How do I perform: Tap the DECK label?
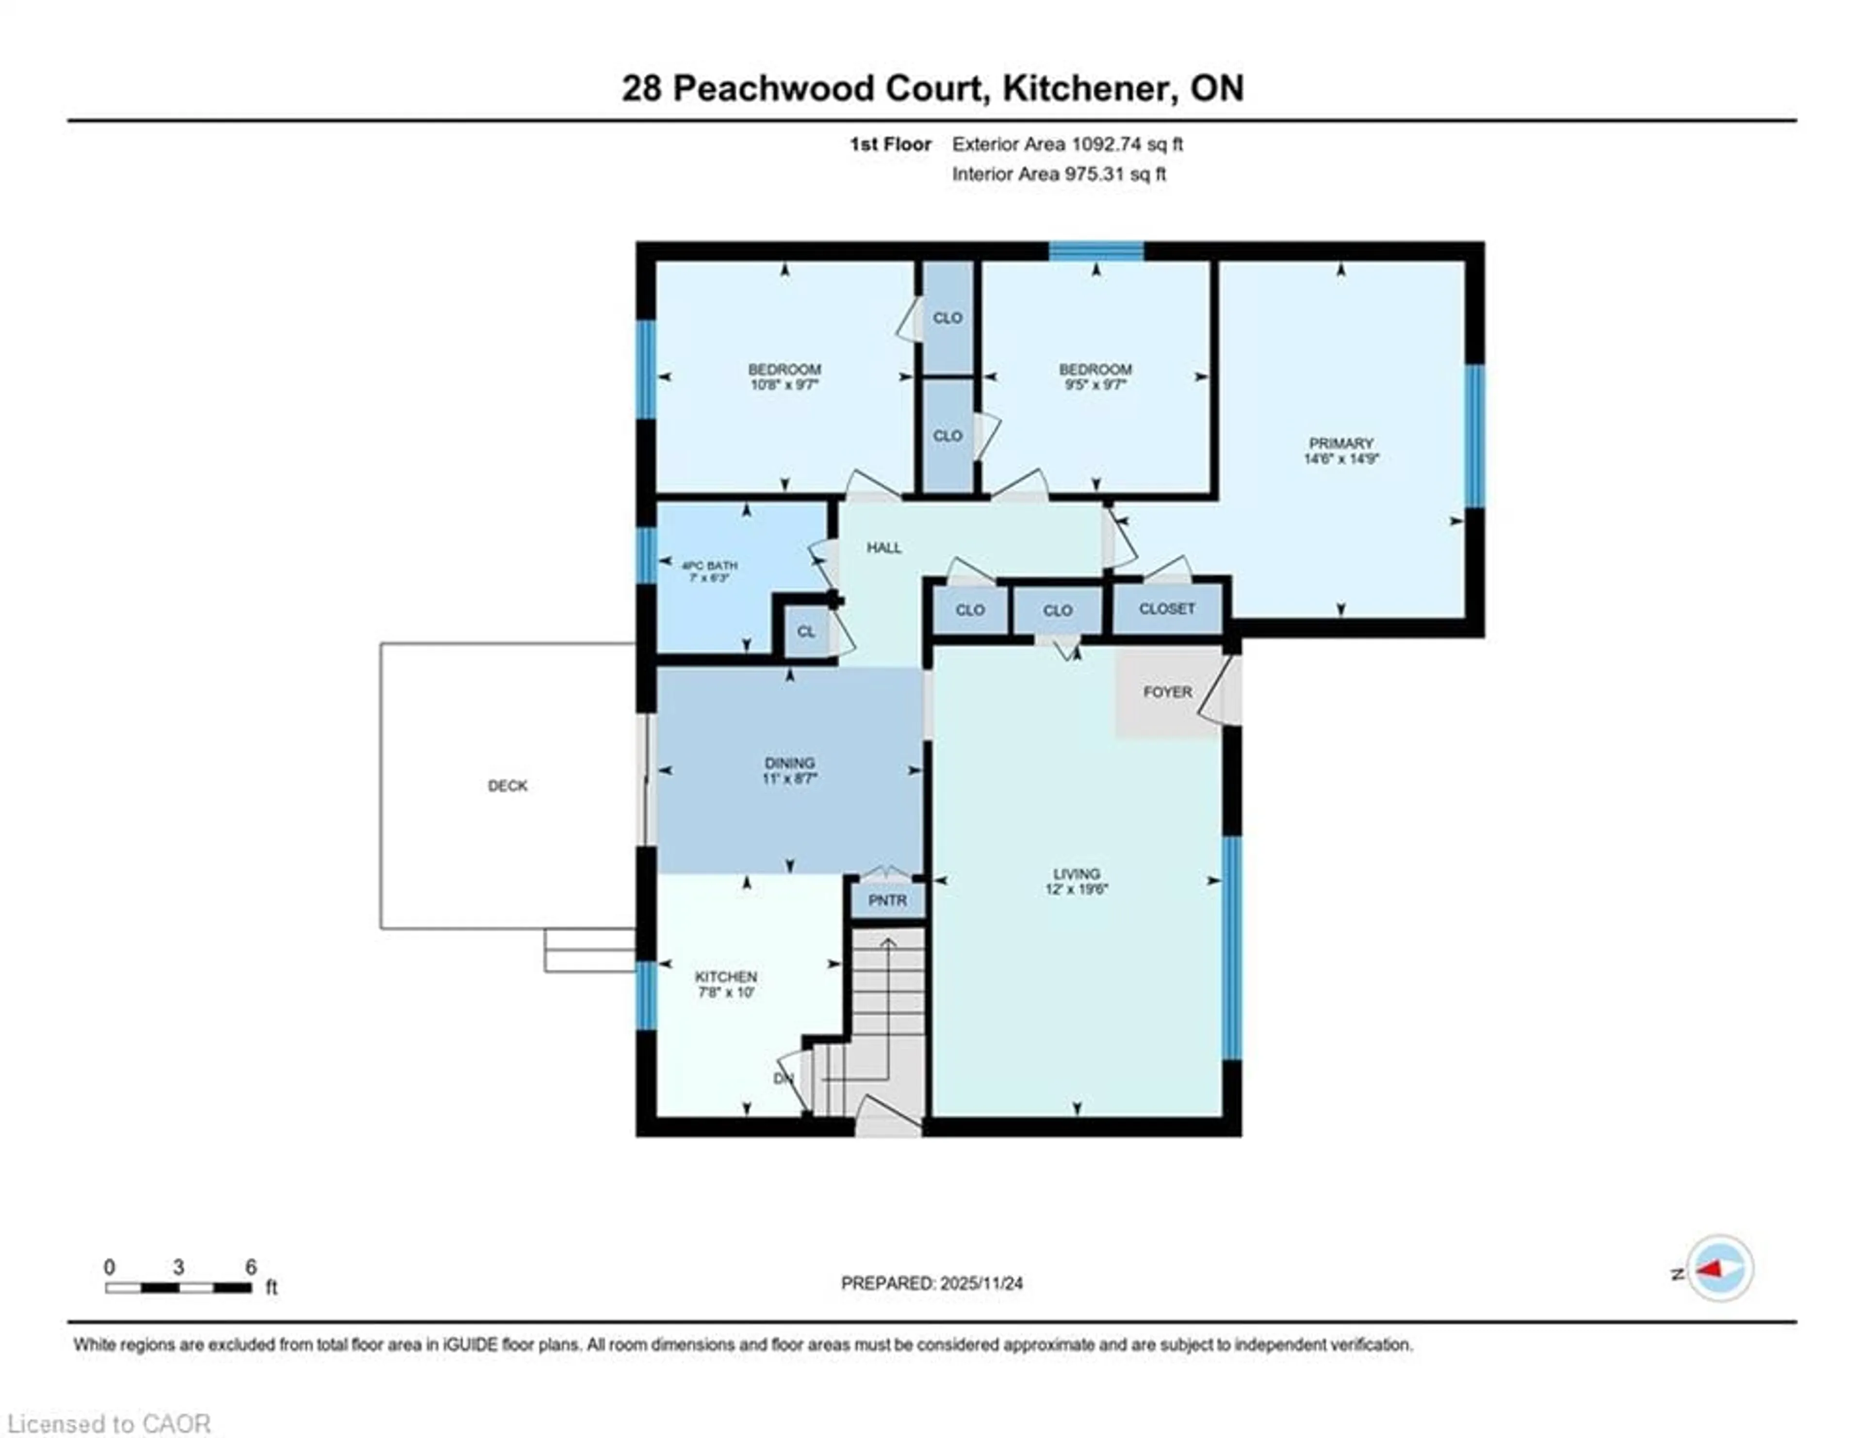coord(507,785)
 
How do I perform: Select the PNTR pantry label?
coord(887,900)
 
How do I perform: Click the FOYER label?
coord(1167,692)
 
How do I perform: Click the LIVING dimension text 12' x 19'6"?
coord(1077,889)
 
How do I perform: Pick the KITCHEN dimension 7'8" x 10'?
coord(726,992)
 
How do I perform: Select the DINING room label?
coord(789,763)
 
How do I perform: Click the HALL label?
coord(884,548)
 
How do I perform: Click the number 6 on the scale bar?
coord(251,1267)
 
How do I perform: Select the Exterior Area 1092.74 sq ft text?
coord(1067,144)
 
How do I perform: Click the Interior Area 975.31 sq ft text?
coord(1059,174)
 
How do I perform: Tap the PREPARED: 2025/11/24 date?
coord(931,1283)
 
